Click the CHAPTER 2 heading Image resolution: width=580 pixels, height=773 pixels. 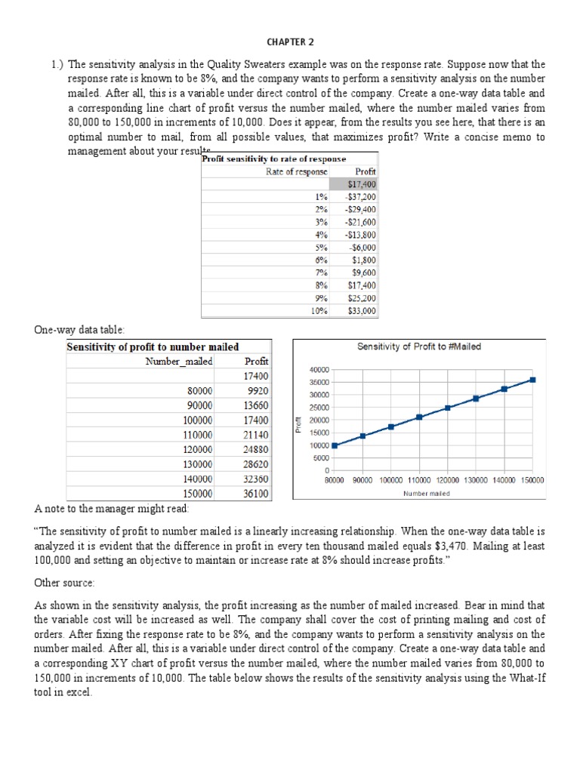(x=290, y=42)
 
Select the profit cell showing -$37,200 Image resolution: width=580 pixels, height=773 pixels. (x=362, y=197)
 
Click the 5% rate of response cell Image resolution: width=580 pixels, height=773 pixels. (x=321, y=247)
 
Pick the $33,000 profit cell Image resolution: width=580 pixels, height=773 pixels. (x=362, y=310)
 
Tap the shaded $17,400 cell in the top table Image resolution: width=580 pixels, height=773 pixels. (x=362, y=184)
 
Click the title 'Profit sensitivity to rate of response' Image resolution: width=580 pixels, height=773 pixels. (x=275, y=159)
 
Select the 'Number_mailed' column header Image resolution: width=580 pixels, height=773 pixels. (x=179, y=361)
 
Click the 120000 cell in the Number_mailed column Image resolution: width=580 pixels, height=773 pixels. (x=198, y=449)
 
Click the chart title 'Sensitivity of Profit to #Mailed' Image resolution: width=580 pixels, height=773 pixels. (x=418, y=346)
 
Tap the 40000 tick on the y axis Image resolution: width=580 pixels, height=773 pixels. (x=319, y=369)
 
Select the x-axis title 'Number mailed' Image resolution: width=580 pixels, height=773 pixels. (x=426, y=494)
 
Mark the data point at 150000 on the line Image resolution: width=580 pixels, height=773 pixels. (x=532, y=380)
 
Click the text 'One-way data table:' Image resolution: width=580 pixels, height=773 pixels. (x=79, y=330)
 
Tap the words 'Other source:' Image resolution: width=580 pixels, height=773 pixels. (x=64, y=584)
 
